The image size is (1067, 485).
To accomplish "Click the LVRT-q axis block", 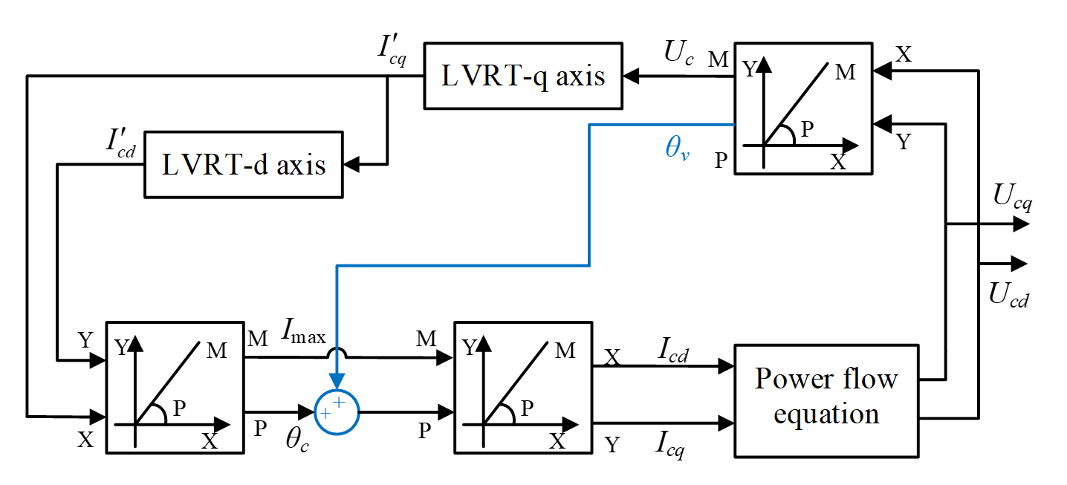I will (x=523, y=77).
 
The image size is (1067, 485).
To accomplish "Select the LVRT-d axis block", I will (x=244, y=164).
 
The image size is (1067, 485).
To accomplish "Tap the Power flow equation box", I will (x=826, y=399).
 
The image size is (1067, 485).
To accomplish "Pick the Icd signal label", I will (x=673, y=352).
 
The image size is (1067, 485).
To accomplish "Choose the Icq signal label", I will (x=671, y=445).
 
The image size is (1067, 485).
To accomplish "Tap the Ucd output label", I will (x=1009, y=295).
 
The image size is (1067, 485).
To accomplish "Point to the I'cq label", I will (x=392, y=50).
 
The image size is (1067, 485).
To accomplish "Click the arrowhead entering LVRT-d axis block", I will (x=351, y=163).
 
